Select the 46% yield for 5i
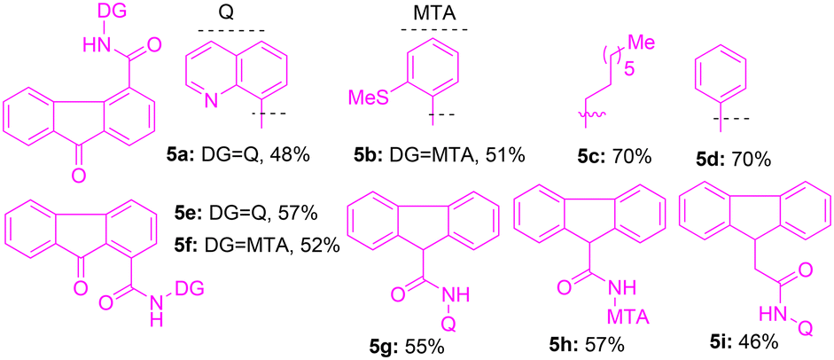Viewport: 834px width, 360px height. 756,341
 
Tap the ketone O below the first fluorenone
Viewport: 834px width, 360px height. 79,176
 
